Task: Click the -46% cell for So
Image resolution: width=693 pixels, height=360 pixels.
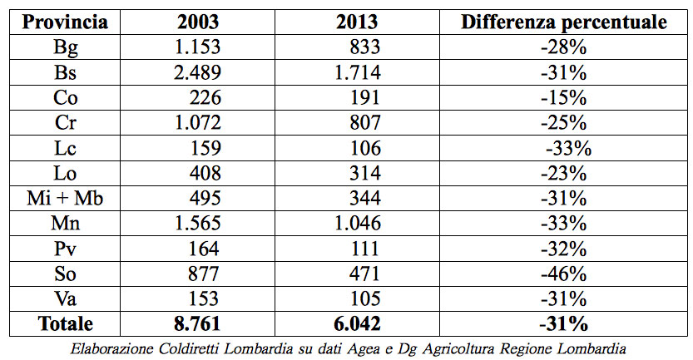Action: pyautogui.click(x=563, y=274)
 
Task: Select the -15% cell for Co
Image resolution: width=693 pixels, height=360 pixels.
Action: pyautogui.click(x=563, y=97)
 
